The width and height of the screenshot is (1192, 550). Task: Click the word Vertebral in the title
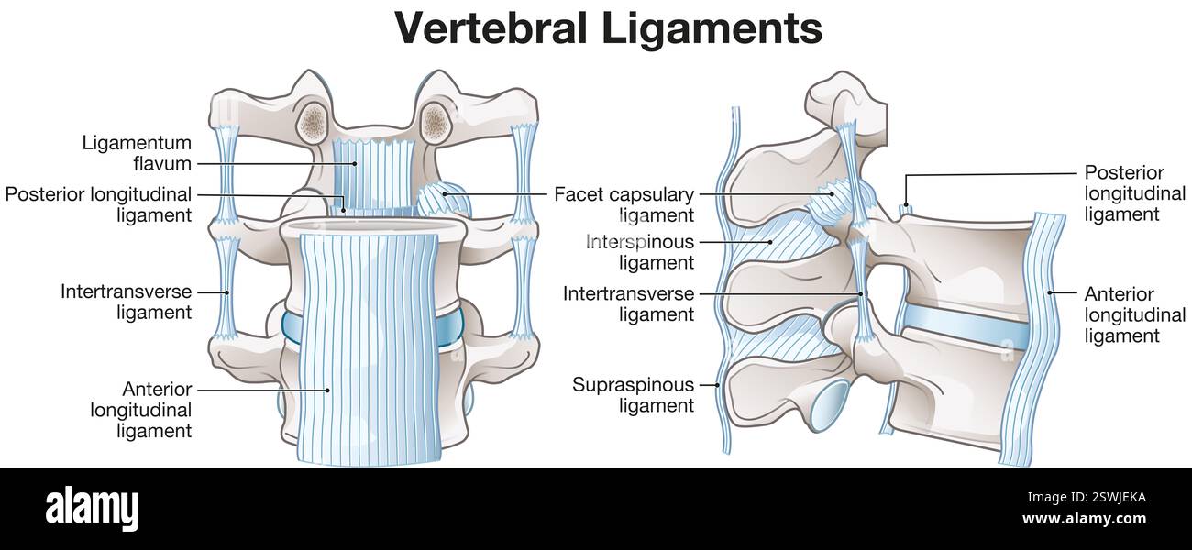pyautogui.click(x=490, y=28)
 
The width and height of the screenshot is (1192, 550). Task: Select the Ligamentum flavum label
pyautogui.click(x=137, y=153)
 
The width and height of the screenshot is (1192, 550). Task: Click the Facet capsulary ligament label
pyautogui.click(x=624, y=205)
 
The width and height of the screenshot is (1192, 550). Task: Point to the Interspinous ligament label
pyautogui.click(x=640, y=252)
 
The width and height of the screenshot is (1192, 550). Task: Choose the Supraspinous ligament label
pyautogui.click(x=633, y=394)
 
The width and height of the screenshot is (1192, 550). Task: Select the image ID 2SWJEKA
pyautogui.click(x=1101, y=498)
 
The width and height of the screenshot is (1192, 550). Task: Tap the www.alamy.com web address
pyautogui.click(x=1084, y=519)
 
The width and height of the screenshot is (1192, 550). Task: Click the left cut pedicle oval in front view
pyautogui.click(x=315, y=120)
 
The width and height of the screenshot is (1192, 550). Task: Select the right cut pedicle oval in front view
pyautogui.click(x=435, y=120)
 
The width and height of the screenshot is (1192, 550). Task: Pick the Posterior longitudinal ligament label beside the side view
pyautogui.click(x=1134, y=193)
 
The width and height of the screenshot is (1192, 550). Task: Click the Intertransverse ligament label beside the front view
pyautogui.click(x=127, y=302)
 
